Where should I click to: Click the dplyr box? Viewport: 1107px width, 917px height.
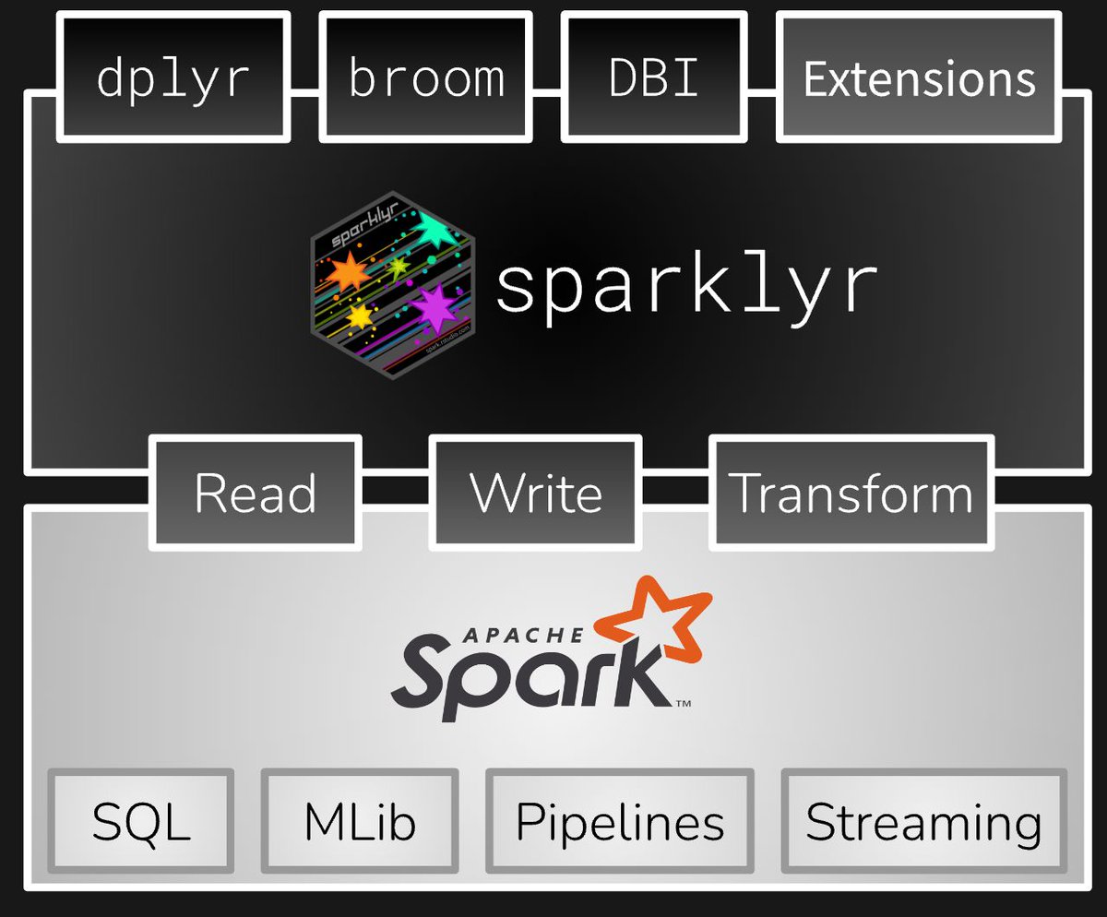tap(173, 77)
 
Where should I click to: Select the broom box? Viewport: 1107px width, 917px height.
tap(426, 77)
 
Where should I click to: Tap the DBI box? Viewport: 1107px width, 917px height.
tap(654, 77)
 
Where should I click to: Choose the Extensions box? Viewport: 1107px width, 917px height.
tap(919, 77)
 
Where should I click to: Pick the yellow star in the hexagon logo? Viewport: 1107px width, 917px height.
tap(360, 316)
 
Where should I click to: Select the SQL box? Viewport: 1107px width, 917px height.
tap(141, 821)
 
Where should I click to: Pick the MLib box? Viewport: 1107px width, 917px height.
tap(360, 821)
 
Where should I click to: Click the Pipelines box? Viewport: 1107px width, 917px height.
tap(620, 821)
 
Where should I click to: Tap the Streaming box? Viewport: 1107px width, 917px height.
tap(923, 821)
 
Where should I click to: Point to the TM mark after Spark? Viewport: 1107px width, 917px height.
tap(684, 705)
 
